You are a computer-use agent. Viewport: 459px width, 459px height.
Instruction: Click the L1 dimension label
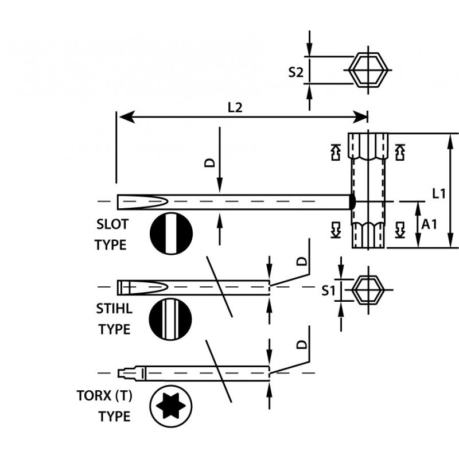click(x=439, y=194)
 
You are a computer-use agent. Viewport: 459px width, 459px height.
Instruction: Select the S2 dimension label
click(x=295, y=72)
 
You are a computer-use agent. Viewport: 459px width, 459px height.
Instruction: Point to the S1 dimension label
click(x=328, y=291)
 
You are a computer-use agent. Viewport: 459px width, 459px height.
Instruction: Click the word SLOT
click(x=111, y=224)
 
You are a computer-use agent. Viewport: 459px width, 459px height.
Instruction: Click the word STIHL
click(x=114, y=308)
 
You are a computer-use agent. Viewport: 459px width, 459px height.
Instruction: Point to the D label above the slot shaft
click(x=210, y=163)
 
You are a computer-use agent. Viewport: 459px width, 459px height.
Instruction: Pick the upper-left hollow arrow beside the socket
click(x=336, y=151)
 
